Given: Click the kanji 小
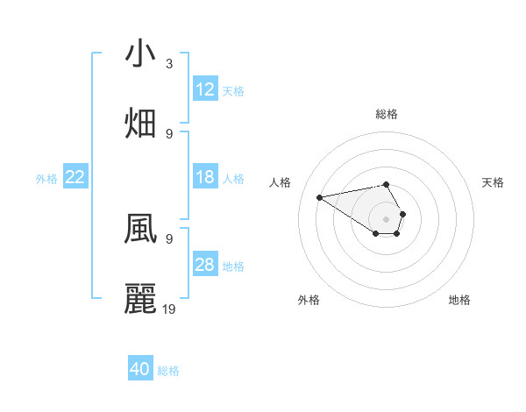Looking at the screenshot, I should [140, 53].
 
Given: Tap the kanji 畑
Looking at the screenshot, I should [140, 123].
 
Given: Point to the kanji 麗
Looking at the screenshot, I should [140, 298].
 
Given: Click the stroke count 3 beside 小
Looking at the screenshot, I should [168, 64].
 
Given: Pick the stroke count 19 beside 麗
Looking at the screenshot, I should [169, 309].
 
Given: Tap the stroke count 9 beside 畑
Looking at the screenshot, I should [168, 133].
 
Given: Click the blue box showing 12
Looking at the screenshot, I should [205, 89].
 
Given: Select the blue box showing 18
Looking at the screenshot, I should [205, 177].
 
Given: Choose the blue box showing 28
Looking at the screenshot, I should [205, 265].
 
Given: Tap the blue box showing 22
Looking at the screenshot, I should [75, 177].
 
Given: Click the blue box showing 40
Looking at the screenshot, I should [140, 369].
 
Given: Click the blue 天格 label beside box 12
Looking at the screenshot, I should [233, 90].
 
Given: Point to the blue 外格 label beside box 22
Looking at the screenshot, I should [46, 178].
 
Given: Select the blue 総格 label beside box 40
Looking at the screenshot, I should [168, 371].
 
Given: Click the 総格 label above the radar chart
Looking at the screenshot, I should [387, 114].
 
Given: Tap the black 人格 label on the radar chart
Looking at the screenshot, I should [280, 182].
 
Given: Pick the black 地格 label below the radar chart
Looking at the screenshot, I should [459, 300].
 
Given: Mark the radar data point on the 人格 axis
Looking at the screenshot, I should [320, 197].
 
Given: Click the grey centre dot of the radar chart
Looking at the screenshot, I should [386, 218].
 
